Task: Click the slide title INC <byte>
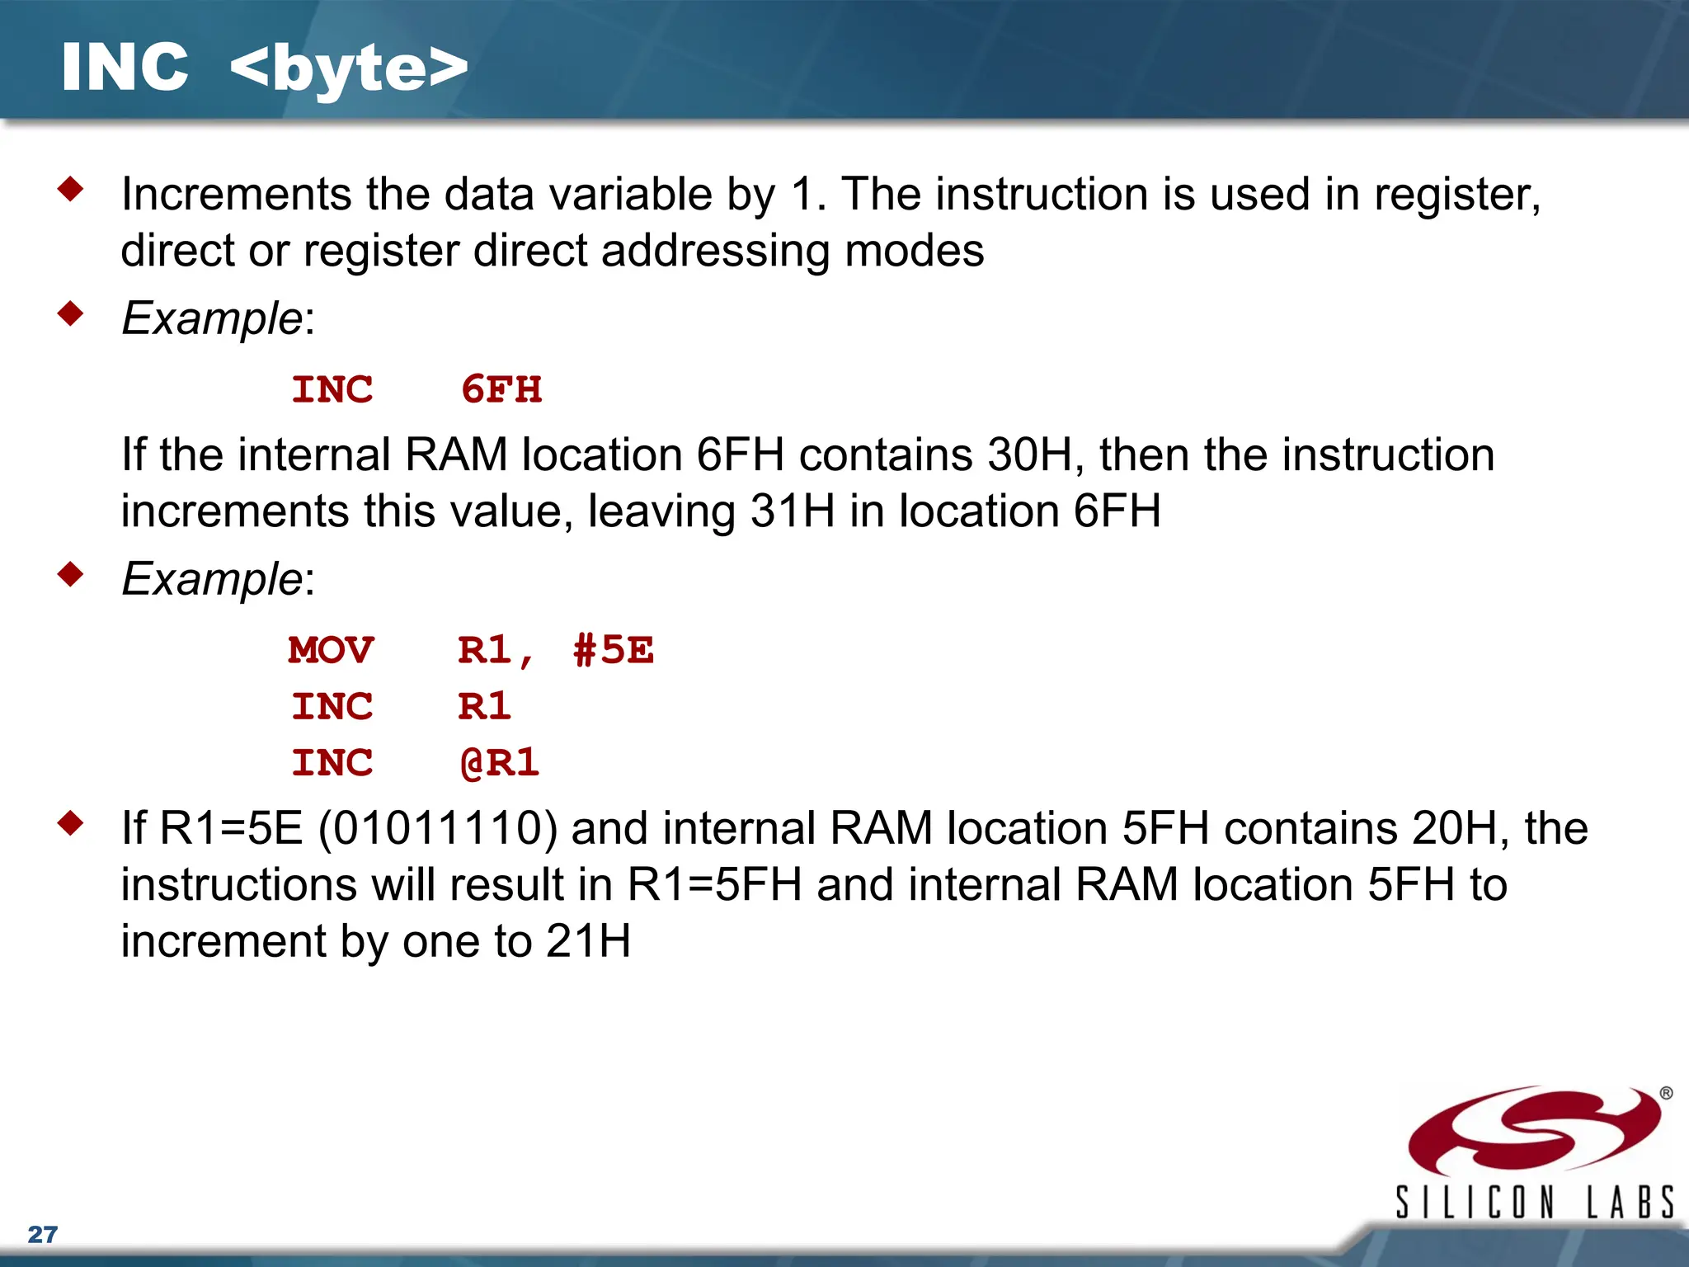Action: pyautogui.click(x=264, y=68)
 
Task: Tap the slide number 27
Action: pyautogui.click(x=42, y=1234)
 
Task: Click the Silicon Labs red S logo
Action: pyautogui.click(x=1534, y=1131)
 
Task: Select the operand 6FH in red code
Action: pyautogui.click(x=501, y=389)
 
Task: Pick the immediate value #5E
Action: pyautogui.click(x=614, y=650)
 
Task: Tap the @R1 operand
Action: pyautogui.click(x=500, y=762)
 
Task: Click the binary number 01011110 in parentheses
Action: pyautogui.click(x=437, y=828)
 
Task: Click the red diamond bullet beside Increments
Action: pyautogui.click(x=71, y=190)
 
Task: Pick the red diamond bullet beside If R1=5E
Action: pyautogui.click(x=71, y=823)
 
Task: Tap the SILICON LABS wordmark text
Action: pyautogui.click(x=1534, y=1202)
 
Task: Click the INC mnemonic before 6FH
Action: pyautogui.click(x=332, y=389)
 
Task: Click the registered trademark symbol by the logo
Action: pyautogui.click(x=1666, y=1093)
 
